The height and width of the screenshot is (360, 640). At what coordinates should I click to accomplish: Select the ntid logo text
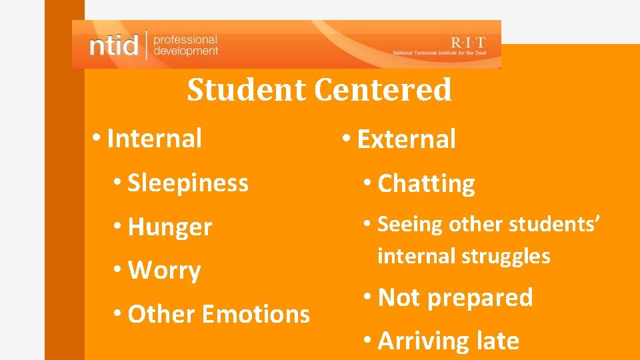(114, 46)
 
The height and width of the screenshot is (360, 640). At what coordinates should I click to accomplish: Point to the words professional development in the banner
(185, 45)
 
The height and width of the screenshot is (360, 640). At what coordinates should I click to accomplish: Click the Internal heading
(154, 139)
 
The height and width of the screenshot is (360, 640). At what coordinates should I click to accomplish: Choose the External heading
(407, 139)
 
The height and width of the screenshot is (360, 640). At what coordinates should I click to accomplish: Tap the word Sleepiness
(187, 182)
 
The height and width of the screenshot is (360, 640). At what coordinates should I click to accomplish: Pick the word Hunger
(169, 227)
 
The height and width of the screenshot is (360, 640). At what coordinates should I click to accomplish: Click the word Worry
(164, 271)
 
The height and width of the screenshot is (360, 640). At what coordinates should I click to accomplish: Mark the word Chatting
(426, 183)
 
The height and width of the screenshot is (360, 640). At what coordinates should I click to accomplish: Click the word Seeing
(410, 225)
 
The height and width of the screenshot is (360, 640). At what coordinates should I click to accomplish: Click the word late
(497, 341)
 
